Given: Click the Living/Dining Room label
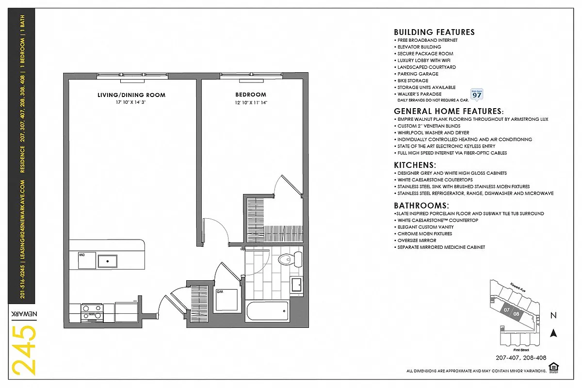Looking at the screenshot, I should coord(131,95).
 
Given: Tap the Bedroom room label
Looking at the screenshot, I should coord(251,95).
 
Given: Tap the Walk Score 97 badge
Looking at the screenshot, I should coord(477,94).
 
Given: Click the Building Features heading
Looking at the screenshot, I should coord(434,32).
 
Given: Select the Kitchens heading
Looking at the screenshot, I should coord(415,165).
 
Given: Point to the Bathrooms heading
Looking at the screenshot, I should coord(421,206).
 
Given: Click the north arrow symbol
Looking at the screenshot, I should coord(552,333).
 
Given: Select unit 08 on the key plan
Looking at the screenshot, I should coord(517,314).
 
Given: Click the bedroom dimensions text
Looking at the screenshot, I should coord(251,103).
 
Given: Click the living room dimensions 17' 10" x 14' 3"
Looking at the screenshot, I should coord(131,103).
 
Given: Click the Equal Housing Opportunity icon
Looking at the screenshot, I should coord(552,367).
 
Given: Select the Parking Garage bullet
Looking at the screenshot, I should coord(418,74).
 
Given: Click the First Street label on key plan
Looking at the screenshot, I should coord(521,350).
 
